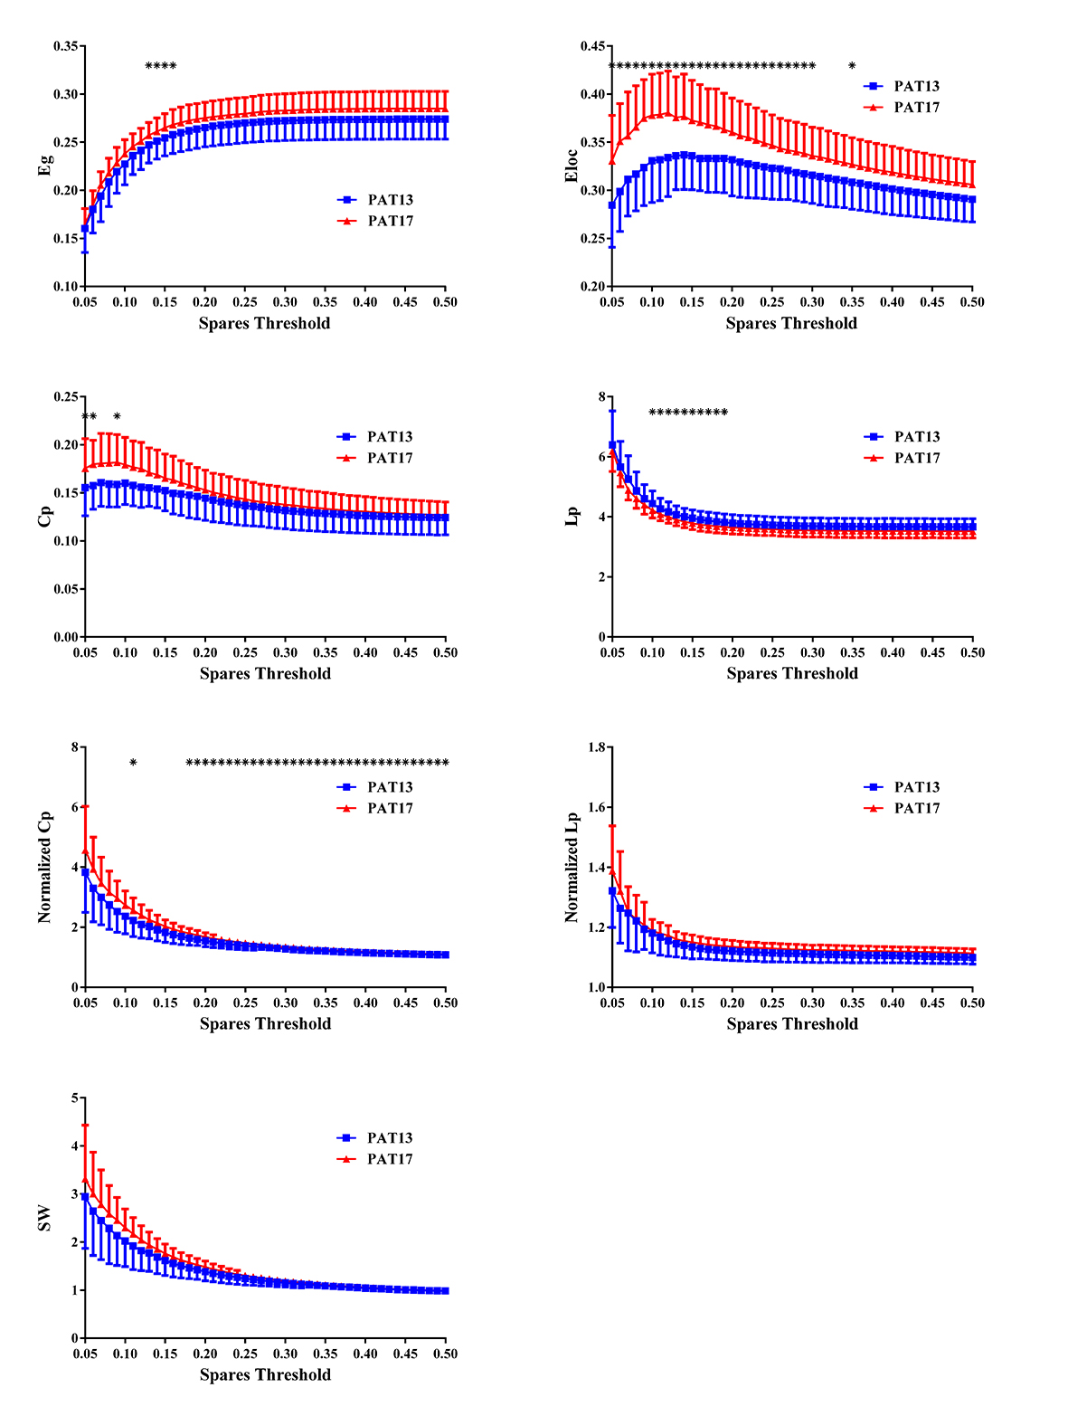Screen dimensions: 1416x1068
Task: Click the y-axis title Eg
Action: point(45,165)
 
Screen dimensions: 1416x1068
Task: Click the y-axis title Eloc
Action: point(572,166)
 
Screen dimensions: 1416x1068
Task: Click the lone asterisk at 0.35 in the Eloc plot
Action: point(852,66)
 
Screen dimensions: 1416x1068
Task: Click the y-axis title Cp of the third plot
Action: point(45,516)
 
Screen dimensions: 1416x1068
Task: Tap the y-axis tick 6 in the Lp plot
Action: point(600,458)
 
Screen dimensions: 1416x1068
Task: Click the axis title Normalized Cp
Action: point(45,867)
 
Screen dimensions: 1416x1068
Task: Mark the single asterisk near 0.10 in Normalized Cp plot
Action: point(133,764)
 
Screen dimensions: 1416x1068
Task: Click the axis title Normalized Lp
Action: point(572,867)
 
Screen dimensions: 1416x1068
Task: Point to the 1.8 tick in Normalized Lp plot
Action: point(596,747)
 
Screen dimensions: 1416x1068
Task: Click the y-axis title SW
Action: point(45,1218)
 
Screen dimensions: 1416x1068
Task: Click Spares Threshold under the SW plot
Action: point(265,1375)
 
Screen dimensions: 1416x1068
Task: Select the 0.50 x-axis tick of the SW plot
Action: point(445,1354)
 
